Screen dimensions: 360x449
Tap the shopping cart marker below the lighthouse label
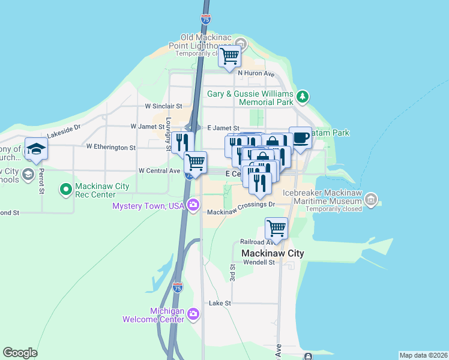coord(229,57)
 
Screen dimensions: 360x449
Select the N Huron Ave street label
coord(256,74)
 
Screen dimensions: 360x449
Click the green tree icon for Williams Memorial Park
coord(303,96)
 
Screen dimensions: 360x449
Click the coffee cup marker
coord(300,137)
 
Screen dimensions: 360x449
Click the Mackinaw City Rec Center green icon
coord(65,190)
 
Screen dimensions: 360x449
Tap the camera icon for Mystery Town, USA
coord(193,206)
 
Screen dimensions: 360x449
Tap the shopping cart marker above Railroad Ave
coord(276,228)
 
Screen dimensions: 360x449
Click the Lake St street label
coord(220,304)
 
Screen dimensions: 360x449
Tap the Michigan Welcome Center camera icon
coord(193,314)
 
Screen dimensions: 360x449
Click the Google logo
coord(20,353)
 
